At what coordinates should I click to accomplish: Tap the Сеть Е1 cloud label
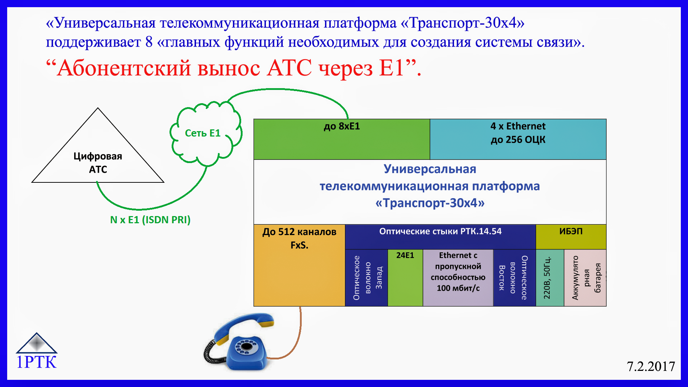(202, 133)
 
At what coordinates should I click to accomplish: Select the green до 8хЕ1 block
(341, 139)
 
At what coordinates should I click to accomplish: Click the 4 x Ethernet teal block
(518, 139)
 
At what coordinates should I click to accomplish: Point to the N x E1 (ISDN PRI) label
(150, 220)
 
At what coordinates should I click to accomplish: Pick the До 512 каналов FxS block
(299, 265)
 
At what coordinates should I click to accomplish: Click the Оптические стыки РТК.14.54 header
(440, 236)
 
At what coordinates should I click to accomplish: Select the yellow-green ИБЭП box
(571, 236)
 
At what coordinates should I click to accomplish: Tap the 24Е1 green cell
(405, 278)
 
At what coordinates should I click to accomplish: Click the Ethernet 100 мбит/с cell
(458, 278)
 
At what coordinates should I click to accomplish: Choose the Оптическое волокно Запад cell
(366, 278)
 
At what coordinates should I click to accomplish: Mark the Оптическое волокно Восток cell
(514, 278)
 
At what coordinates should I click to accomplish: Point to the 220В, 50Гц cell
(550, 278)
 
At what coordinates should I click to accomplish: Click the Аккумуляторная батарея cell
(585, 278)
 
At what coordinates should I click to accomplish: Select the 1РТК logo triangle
(37, 343)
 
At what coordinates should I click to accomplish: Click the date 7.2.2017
(651, 366)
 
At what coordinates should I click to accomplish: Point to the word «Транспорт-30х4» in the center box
(430, 203)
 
